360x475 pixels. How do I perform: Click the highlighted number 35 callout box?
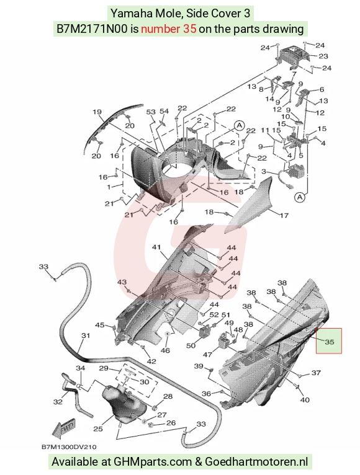click(329, 341)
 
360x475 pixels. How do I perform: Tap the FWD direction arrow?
click(65, 428)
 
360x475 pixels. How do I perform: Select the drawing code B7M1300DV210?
click(69, 447)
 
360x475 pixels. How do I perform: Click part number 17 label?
click(284, 216)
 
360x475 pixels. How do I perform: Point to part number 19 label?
click(97, 112)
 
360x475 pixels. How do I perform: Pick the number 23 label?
click(323, 56)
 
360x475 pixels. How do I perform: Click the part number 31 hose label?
click(86, 335)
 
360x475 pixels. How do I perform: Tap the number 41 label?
click(156, 247)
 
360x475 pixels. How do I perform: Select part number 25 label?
click(98, 428)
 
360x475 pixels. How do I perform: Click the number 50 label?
click(191, 345)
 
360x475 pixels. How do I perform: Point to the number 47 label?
click(207, 353)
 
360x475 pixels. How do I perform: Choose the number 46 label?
click(165, 350)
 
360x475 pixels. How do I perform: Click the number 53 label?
click(151, 112)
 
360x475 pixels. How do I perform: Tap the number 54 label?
click(164, 111)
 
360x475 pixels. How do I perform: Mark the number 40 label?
click(305, 400)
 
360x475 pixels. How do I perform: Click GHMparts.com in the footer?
click(153, 462)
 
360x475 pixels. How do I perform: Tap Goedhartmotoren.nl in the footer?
click(256, 462)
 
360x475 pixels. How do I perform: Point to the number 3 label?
click(264, 172)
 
